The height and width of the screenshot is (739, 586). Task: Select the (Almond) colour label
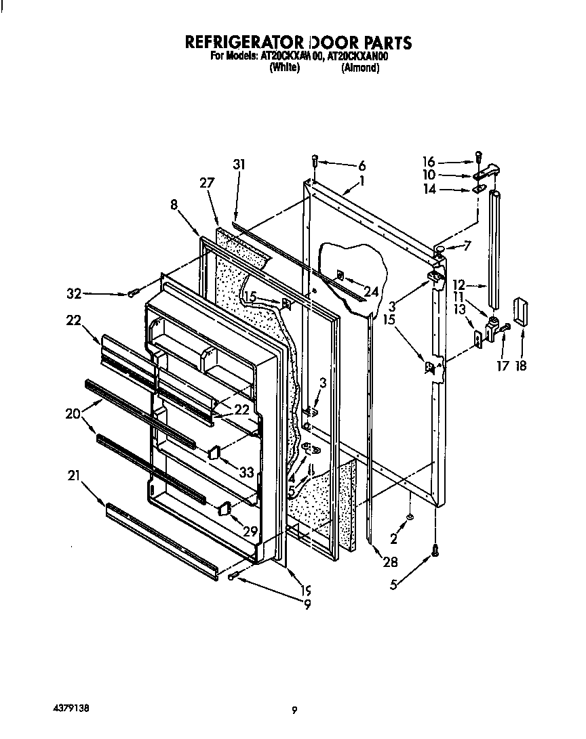[359, 68]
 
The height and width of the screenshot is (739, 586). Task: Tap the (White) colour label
[285, 68]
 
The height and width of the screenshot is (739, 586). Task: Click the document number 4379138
[70, 709]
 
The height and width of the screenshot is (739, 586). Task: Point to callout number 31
[238, 165]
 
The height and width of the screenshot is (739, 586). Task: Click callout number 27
[207, 182]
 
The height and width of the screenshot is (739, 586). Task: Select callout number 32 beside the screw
[74, 294]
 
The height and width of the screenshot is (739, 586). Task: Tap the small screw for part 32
[132, 293]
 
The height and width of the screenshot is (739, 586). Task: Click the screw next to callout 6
[315, 161]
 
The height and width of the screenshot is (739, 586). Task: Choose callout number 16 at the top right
[428, 163]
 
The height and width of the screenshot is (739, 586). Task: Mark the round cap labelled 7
[440, 251]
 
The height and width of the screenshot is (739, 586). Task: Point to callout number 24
[370, 293]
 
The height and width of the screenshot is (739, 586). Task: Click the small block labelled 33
[214, 451]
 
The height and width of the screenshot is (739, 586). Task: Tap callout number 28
[390, 562]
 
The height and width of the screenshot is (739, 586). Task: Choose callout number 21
[74, 477]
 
